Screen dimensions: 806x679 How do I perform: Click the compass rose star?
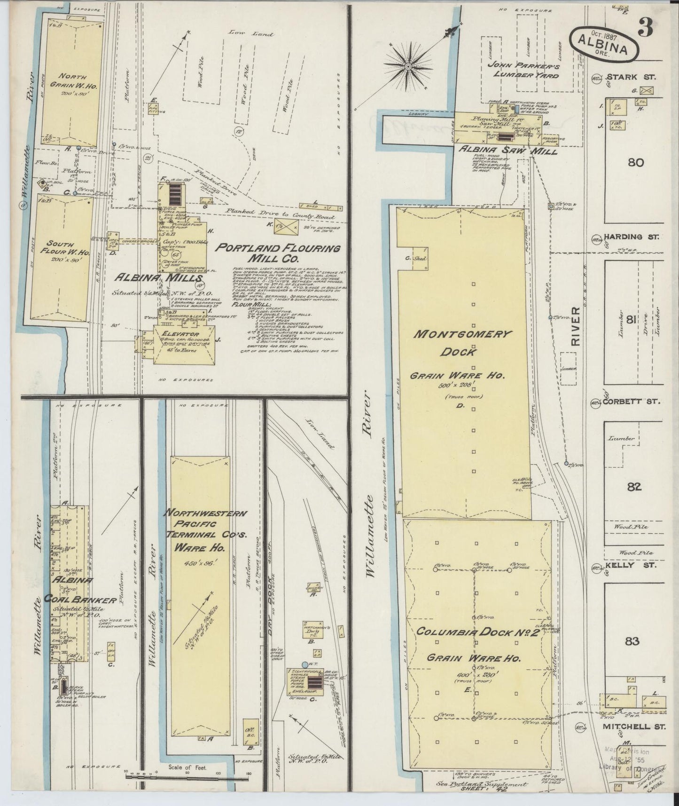pos(408,67)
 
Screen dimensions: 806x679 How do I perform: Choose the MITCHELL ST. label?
pos(633,726)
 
